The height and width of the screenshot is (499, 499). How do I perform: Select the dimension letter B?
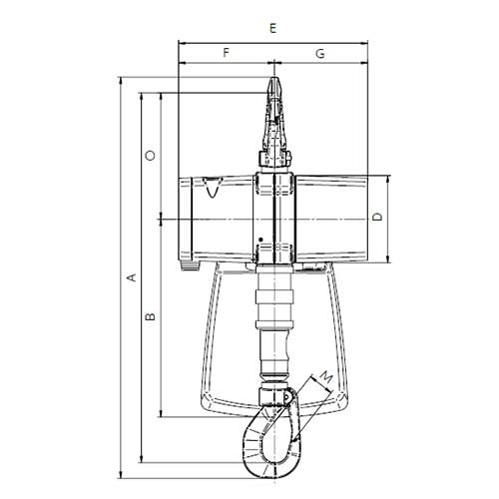tap(150, 317)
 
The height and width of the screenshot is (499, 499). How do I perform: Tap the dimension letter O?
tap(150, 155)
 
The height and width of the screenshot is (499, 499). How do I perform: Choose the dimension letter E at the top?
tap(272, 29)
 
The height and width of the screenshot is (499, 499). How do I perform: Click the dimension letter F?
tap(227, 52)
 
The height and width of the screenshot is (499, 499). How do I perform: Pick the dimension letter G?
tap(319, 52)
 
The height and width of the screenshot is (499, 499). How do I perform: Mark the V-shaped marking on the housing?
tap(211, 189)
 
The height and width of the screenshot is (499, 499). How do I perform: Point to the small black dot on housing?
tap(259, 239)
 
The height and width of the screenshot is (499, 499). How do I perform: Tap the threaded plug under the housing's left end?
tap(189, 264)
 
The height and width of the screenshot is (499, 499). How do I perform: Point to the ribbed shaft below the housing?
tap(274, 309)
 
